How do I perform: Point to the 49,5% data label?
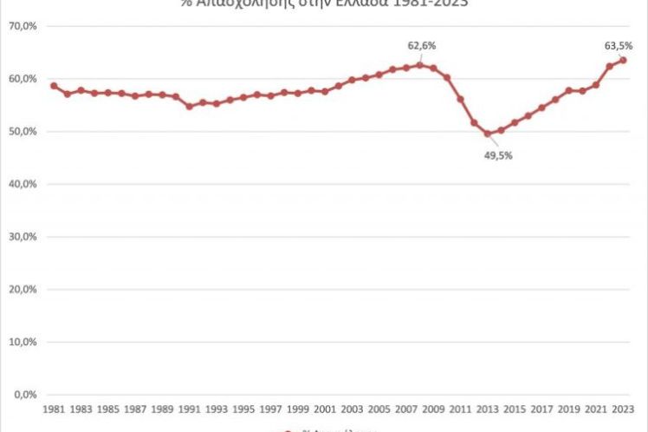(x=498, y=155)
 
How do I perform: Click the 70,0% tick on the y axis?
(x=22, y=26)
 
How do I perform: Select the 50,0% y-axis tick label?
(x=22, y=132)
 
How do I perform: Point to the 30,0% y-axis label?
(x=22, y=237)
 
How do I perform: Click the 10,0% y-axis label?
(x=22, y=342)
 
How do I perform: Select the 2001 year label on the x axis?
(x=324, y=408)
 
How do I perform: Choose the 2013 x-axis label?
(x=487, y=408)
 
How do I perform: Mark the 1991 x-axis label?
(x=189, y=408)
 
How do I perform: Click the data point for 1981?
(x=53, y=86)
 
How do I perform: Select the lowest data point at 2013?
(x=487, y=134)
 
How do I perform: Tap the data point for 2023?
(x=623, y=60)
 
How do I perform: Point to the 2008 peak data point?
(x=419, y=65)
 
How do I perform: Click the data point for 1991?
(x=189, y=106)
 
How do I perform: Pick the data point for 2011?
(x=460, y=99)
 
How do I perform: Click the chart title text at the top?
(x=324, y=3)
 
